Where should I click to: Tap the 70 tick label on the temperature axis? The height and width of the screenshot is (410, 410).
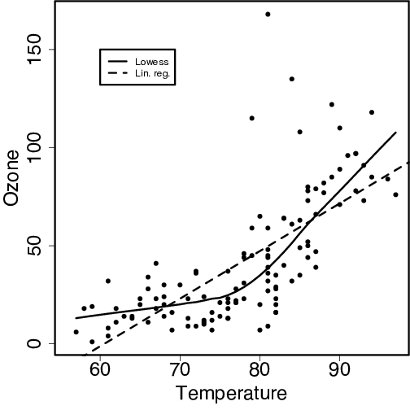click(x=179, y=370)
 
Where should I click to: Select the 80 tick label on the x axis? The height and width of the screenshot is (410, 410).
click(x=260, y=370)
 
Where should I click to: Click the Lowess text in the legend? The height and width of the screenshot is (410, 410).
click(x=151, y=61)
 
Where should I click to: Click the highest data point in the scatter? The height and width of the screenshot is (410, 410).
click(x=268, y=15)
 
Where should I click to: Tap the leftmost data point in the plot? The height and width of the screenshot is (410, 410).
click(x=76, y=332)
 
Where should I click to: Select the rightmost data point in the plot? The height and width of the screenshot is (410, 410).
click(x=395, y=194)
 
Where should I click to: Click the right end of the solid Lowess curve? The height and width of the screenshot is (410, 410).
click(x=395, y=132)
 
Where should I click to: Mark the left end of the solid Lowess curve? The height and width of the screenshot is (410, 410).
click(x=76, y=318)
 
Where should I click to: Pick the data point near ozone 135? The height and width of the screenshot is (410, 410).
click(x=291, y=79)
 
